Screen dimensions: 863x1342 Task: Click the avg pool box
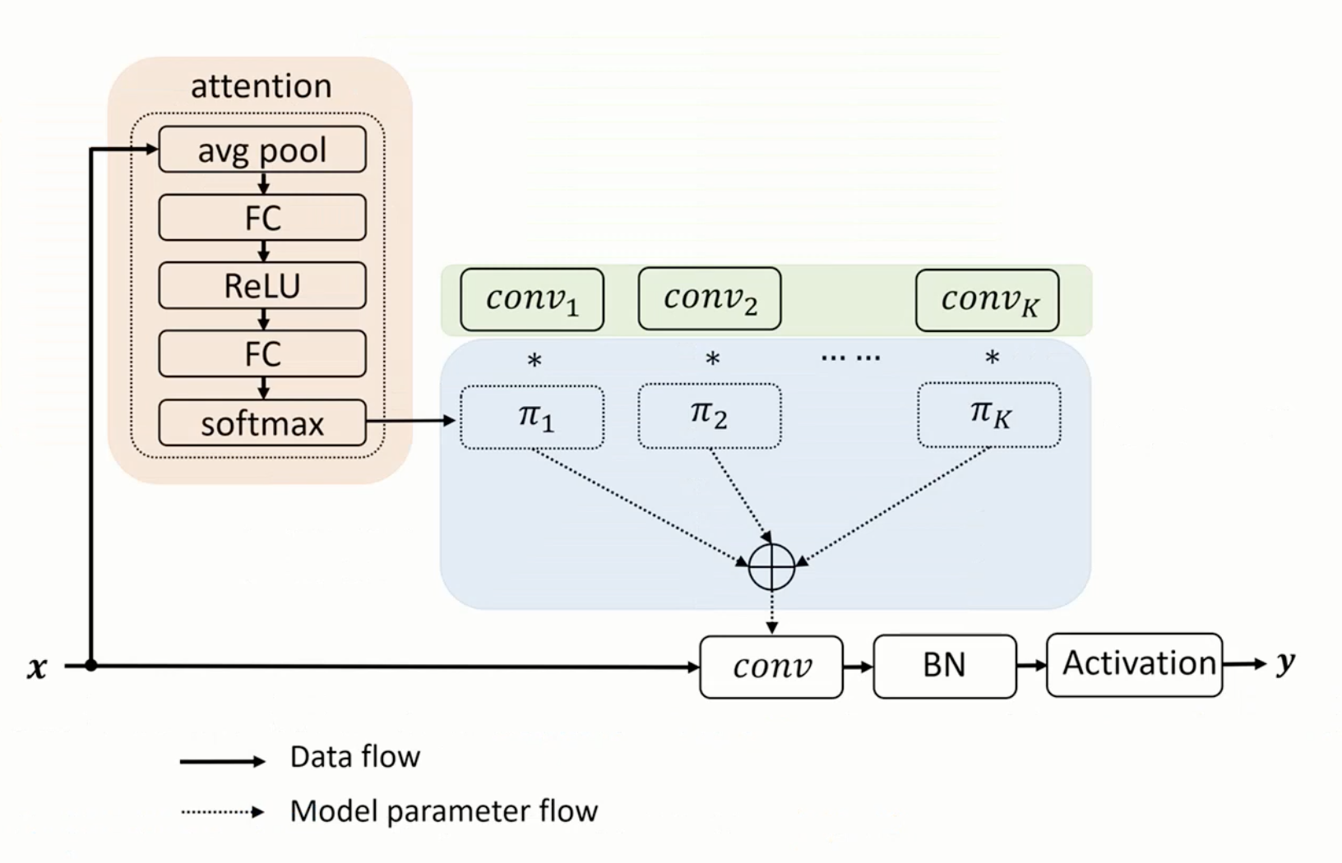point(261,150)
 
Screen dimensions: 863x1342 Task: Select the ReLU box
point(261,286)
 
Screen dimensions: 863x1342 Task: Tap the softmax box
point(261,423)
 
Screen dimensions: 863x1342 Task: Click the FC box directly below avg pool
point(261,218)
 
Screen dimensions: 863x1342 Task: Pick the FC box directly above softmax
point(261,354)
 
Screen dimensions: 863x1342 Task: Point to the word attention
point(261,85)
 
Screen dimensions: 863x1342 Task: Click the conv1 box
point(532,299)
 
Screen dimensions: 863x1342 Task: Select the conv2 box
point(710,298)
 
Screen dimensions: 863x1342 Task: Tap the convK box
point(988,300)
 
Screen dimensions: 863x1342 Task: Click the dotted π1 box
point(532,417)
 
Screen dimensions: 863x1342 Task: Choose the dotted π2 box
point(710,416)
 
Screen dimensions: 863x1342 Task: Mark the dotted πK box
point(989,415)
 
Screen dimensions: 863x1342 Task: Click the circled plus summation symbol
point(772,566)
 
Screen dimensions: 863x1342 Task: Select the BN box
point(944,666)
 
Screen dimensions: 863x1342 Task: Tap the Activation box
point(1135,664)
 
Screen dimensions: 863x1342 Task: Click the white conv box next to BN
point(771,667)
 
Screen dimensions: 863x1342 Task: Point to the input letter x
point(37,667)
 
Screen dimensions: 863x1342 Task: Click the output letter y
point(1285,662)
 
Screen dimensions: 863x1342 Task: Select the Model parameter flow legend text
point(443,811)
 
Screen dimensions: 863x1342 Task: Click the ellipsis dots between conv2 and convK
point(850,358)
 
